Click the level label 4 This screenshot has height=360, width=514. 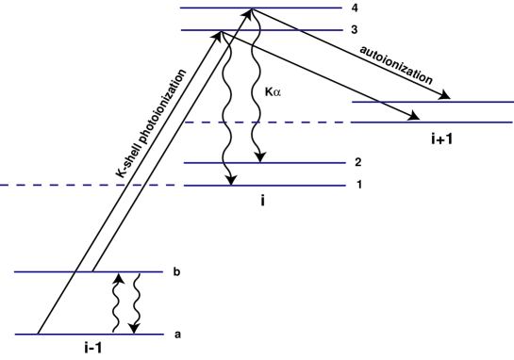(355, 9)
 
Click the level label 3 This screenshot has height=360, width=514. (355, 30)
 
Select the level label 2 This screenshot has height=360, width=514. (359, 162)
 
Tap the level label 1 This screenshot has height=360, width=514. (359, 185)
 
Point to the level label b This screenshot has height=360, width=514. (177, 272)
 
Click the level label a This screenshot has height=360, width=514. (177, 334)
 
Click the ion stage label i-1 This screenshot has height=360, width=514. (96, 349)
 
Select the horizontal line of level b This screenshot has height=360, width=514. (57, 272)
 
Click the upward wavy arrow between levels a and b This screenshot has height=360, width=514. (117, 302)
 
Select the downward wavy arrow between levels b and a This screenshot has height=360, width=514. (136, 303)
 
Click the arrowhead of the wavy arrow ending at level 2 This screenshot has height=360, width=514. (257, 157)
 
